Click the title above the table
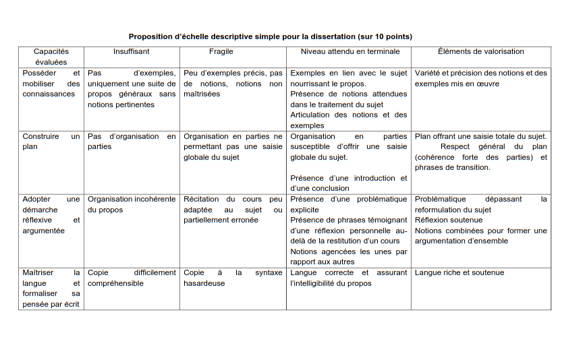pos(270,36)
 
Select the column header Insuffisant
pos(132,51)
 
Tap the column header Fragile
pos(221,51)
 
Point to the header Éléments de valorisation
pos(480,51)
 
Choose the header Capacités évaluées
pos(51,57)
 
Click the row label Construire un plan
pos(51,141)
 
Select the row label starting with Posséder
pos(51,83)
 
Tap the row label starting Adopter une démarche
pos(51,214)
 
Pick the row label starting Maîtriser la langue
pos(51,288)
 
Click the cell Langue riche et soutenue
pos(459,272)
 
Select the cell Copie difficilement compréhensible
pos(132,278)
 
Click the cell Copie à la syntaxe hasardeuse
pos(233,278)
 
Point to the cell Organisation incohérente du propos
pos(132,204)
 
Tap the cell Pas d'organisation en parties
pos(132,141)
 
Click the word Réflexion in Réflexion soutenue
pos(432,220)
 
